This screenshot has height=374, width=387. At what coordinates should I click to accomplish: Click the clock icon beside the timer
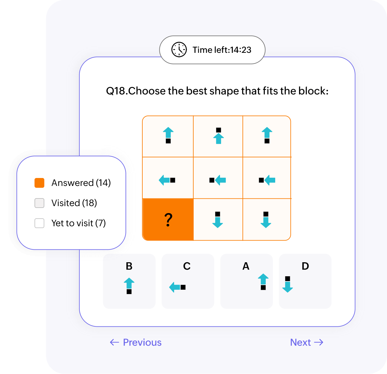click(x=179, y=50)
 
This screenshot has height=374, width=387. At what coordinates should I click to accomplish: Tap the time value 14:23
click(x=241, y=50)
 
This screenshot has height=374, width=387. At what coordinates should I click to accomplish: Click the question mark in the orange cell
click(x=168, y=220)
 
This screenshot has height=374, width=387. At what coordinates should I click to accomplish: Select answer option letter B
click(x=129, y=266)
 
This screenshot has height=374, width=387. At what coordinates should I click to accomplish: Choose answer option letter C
click(x=187, y=266)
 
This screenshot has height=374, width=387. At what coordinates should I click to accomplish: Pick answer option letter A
click(x=246, y=266)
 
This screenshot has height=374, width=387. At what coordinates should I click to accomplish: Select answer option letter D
click(x=305, y=266)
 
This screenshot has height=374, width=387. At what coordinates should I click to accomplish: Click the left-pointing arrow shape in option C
click(x=175, y=287)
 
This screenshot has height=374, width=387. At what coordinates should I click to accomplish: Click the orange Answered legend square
click(x=39, y=183)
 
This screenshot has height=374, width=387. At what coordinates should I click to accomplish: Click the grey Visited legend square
click(x=39, y=203)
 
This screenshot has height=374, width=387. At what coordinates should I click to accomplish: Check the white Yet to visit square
click(x=39, y=223)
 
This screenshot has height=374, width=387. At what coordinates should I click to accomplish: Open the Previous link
click(x=136, y=343)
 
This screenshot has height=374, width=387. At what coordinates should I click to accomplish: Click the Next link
click(x=307, y=343)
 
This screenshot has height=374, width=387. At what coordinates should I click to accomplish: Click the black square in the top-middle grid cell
click(x=219, y=130)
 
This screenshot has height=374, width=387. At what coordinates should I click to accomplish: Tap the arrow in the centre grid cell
click(x=220, y=180)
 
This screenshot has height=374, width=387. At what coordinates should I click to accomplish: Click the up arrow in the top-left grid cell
click(x=168, y=133)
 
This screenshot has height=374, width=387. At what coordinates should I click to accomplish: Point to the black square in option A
click(x=263, y=288)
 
